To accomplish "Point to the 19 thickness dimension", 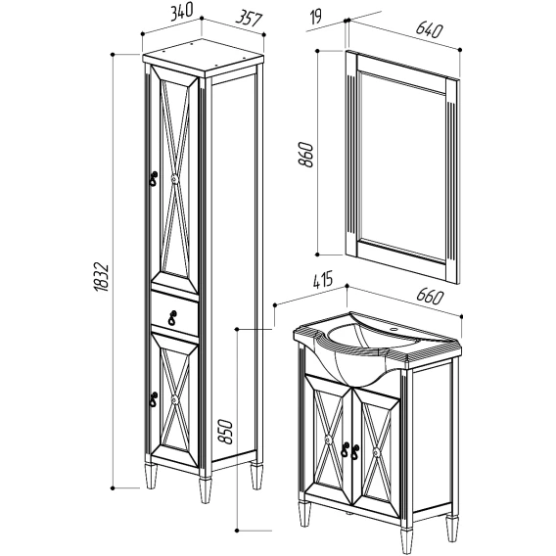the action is (315, 17).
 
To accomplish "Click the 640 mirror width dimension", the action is (429, 29).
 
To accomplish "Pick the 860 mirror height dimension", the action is (305, 155).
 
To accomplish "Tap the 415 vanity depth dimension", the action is (323, 279).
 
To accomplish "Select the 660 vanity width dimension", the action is (430, 297).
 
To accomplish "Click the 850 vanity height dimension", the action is (225, 431).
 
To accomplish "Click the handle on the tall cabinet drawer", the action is (172, 317).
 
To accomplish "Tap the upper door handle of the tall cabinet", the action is (153, 178).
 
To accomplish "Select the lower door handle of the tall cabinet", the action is (154, 399).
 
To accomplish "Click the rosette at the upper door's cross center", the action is (174, 179).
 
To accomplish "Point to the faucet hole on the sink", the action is (393, 330).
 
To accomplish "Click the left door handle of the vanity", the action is (345, 449).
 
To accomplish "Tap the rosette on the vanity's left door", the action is (328, 440).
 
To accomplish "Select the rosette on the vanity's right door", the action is (376, 452).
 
